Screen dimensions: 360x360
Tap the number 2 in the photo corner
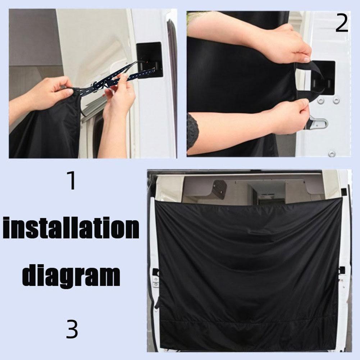pyautogui.click(x=342, y=24)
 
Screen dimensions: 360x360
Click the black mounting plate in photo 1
pyautogui.click(x=150, y=60)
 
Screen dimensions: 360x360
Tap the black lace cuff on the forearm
pyautogui.click(x=193, y=131)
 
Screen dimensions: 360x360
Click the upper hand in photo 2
pyautogui.click(x=284, y=45)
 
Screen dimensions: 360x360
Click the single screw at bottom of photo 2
pyautogui.click(x=332, y=154)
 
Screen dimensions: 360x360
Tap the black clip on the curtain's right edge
pyautogui.click(x=341, y=269)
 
